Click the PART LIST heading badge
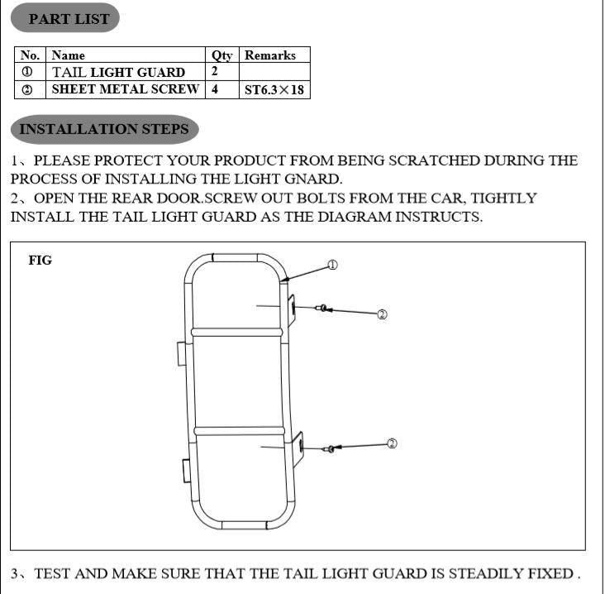coord(64,18)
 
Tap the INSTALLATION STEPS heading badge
coord(105,129)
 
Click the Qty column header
coord(222,55)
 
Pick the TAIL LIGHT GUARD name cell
coord(126,72)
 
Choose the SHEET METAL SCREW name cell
coord(126,89)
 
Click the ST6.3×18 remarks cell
coord(274,89)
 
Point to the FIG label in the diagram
coord(40,261)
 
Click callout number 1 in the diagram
coord(332,265)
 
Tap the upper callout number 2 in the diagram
coord(382,314)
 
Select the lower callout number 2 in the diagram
coord(392,443)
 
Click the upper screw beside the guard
coord(321,309)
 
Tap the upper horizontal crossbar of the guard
coord(237,332)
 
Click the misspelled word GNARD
coord(312,179)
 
